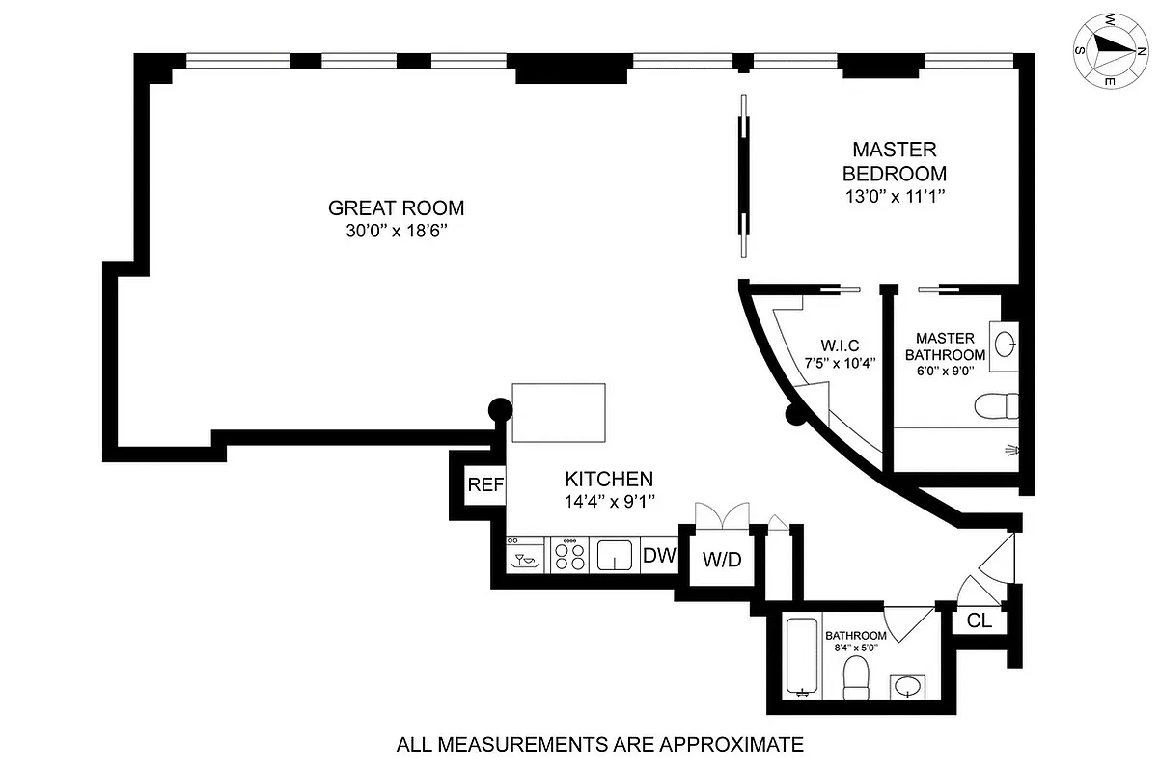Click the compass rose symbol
click(x=1106, y=50)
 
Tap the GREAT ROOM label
click(x=396, y=207)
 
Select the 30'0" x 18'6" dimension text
click(x=396, y=232)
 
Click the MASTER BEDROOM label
click(x=894, y=162)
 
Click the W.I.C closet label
click(x=840, y=345)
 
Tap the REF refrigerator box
click(x=485, y=484)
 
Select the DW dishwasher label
click(x=659, y=555)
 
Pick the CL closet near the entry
click(x=979, y=620)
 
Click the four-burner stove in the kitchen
click(x=569, y=556)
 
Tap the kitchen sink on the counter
click(x=614, y=556)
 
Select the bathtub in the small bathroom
click(x=802, y=657)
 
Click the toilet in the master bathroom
click(x=995, y=406)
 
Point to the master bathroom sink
click(x=1006, y=342)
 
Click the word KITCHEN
click(x=609, y=479)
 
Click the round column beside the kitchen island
click(x=500, y=409)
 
